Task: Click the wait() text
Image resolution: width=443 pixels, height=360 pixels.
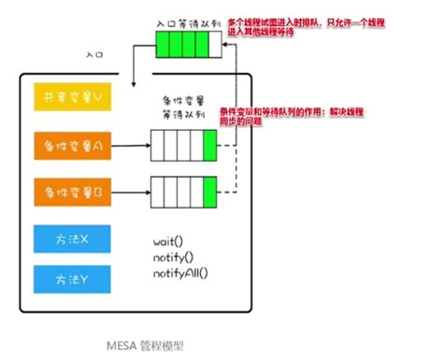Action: (x=168, y=240)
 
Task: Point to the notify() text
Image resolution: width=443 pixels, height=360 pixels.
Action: (x=173, y=256)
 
